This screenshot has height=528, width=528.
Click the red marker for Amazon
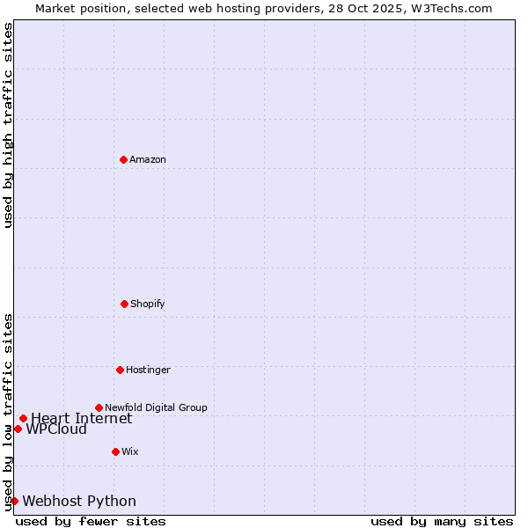click(124, 159)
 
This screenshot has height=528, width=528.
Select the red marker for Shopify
click(124, 304)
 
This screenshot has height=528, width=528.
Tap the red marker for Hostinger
click(120, 370)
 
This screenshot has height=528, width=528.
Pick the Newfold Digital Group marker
click(99, 407)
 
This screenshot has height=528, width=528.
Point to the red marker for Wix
click(115, 451)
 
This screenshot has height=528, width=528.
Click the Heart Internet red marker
click(23, 418)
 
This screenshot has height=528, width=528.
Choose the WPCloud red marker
click(18, 429)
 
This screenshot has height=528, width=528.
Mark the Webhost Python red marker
click(14, 501)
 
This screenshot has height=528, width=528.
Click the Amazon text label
click(148, 159)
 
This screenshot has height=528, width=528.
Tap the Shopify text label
click(148, 304)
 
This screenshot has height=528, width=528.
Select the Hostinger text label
click(148, 370)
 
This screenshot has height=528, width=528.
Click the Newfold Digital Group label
click(156, 407)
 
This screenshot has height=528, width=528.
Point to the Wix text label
click(130, 451)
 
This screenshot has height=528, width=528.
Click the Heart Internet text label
click(82, 419)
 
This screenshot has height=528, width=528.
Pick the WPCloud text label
click(56, 429)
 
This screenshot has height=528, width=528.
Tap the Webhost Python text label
click(79, 502)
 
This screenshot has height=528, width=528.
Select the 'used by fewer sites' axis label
click(91, 521)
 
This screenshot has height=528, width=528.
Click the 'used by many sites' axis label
click(442, 521)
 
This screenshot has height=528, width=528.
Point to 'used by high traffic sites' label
click(8, 125)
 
